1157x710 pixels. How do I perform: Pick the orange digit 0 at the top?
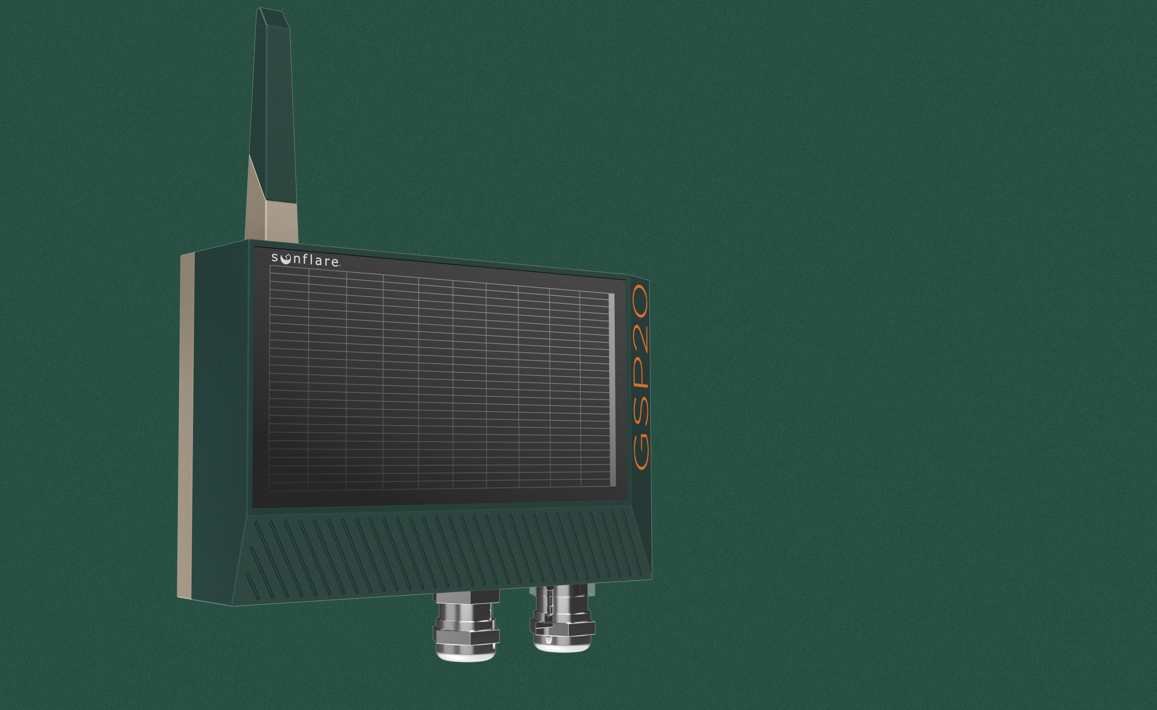pos(640,301)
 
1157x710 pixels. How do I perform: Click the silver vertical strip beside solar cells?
pos(611,390)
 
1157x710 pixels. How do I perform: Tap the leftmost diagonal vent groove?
pos(252,585)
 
